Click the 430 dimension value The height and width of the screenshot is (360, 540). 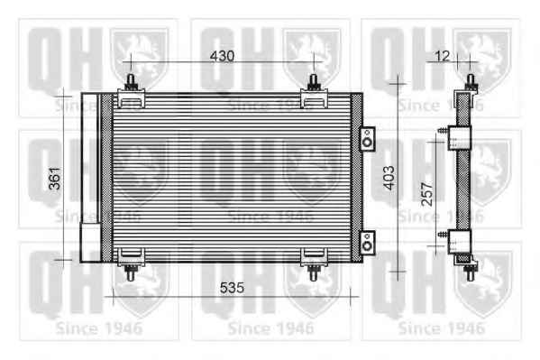(222, 56)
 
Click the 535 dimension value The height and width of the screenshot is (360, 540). (232, 288)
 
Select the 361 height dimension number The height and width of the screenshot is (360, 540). (55, 179)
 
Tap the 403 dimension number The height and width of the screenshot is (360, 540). (389, 178)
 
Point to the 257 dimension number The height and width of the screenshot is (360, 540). (427, 194)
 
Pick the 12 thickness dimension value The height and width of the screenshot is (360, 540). (443, 56)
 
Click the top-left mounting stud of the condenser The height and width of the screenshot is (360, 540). (131, 82)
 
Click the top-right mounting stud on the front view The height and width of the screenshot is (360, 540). (313, 82)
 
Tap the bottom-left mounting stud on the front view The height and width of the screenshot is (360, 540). (131, 272)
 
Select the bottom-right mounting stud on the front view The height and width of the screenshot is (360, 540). (313, 272)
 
